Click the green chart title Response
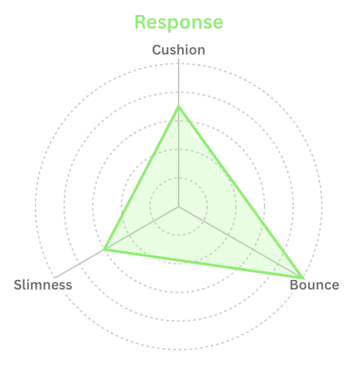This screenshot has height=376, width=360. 179,22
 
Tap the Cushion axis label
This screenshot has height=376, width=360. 179,50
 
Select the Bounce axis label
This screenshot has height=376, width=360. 314,285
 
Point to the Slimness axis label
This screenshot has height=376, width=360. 43,285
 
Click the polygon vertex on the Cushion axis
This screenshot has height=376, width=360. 179,106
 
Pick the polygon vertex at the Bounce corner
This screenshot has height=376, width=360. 303,278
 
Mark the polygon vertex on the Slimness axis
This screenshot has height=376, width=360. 104,249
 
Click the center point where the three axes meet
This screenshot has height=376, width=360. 179,206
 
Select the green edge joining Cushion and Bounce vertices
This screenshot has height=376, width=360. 241,192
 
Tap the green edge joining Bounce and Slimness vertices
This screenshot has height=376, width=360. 203,264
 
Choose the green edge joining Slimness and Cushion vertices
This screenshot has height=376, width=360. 142,178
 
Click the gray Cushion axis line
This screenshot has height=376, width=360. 179,133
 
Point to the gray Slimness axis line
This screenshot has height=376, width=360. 117,242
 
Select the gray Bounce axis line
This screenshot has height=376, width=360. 241,242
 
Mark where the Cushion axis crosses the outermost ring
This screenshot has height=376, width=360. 179,63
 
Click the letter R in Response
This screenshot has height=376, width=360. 141,22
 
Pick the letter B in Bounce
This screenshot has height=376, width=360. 295,285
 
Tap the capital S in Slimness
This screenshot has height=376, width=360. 18,285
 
